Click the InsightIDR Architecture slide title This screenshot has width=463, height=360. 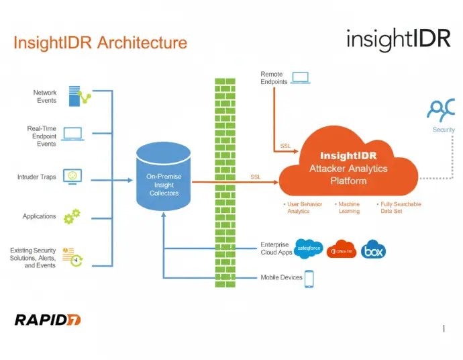coord(100,43)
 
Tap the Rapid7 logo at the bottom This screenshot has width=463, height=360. coord(48,320)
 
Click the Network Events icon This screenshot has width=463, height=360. coord(79,97)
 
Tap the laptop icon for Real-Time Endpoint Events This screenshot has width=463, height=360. coord(72,134)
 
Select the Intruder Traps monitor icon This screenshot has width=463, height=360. coord(72,176)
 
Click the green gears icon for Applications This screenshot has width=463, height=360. coord(71,216)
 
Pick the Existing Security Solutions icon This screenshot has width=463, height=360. coord(71,256)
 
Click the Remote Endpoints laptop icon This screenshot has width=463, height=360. coord(299,77)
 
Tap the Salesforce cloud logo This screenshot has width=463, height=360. coord(309,249)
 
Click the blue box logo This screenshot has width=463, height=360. coord(373,250)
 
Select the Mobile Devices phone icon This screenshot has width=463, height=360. coord(309,278)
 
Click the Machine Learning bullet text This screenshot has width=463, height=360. coord(349,208)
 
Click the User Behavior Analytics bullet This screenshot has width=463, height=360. coord(303,208)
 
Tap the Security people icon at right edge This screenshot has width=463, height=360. coord(443,109)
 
